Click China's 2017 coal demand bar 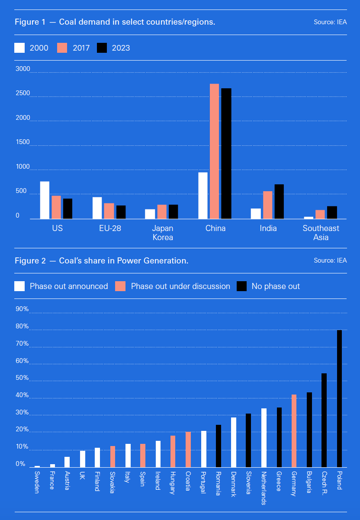click(214, 151)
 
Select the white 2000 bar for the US click(45, 200)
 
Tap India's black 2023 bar click(279, 202)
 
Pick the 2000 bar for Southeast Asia click(309, 218)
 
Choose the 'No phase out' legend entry click(276, 286)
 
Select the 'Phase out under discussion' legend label click(180, 286)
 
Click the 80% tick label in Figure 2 click(22, 327)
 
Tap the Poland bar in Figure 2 click(339, 398)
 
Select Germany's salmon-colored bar click(294, 430)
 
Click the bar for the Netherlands click(264, 437)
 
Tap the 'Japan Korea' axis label click(163, 233)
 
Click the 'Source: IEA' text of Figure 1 click(330, 22)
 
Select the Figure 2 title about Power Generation click(101, 261)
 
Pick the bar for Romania click(218, 446)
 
